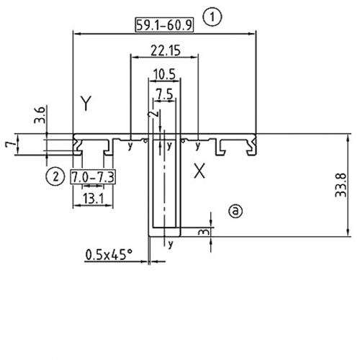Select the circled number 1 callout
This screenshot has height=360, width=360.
[x=212, y=16]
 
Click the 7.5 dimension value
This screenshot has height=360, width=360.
[x=164, y=94]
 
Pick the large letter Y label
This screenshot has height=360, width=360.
[x=86, y=104]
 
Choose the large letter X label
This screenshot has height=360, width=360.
[x=201, y=171]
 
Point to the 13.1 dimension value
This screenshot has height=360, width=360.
[x=93, y=198]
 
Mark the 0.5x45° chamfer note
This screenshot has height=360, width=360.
[x=109, y=254]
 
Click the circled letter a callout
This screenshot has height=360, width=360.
[x=235, y=210]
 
